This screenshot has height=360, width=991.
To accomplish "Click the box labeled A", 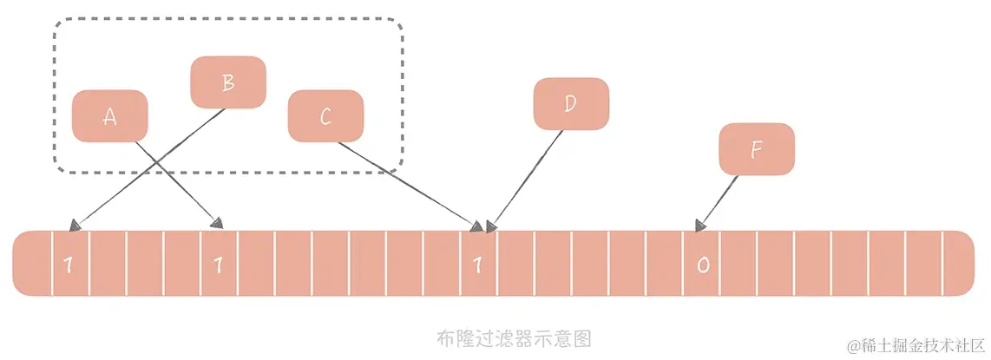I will tap(109, 116).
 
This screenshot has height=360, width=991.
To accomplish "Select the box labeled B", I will tap(227, 82).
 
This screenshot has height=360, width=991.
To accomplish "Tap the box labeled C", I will tap(325, 116).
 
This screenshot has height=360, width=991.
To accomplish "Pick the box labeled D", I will tap(570, 104).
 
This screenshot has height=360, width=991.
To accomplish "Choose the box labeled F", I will tap(756, 149).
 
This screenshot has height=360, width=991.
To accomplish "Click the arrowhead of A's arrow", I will tap(220, 224).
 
